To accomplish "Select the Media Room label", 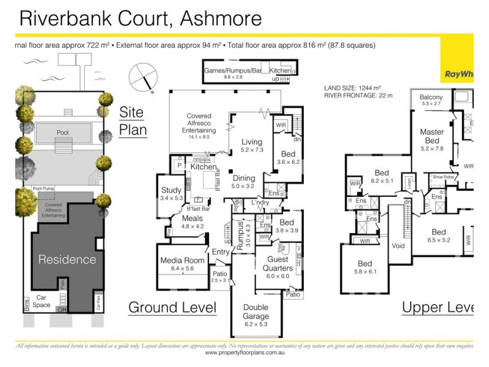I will tap(182, 261).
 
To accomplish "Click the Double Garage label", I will tap(256, 312).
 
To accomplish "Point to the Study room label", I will tap(172, 191).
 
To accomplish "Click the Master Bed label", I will tap(432, 136).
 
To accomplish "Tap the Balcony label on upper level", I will tap(432, 97).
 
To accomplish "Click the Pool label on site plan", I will tap(63, 132).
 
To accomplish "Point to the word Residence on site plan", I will tap(67, 259).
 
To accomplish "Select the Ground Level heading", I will tap(172, 307).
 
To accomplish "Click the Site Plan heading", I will tap(132, 120).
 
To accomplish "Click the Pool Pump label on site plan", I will tap(44, 189).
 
